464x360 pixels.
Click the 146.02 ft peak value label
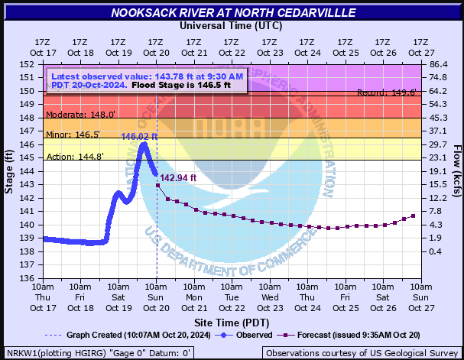point(139,136)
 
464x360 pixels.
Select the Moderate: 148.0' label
point(81,115)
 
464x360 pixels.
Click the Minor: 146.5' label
point(73,135)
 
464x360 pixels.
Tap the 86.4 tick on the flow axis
point(437,64)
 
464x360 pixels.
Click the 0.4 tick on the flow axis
point(435,251)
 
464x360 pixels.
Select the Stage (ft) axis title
point(9,171)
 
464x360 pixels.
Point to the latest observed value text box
point(148,80)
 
